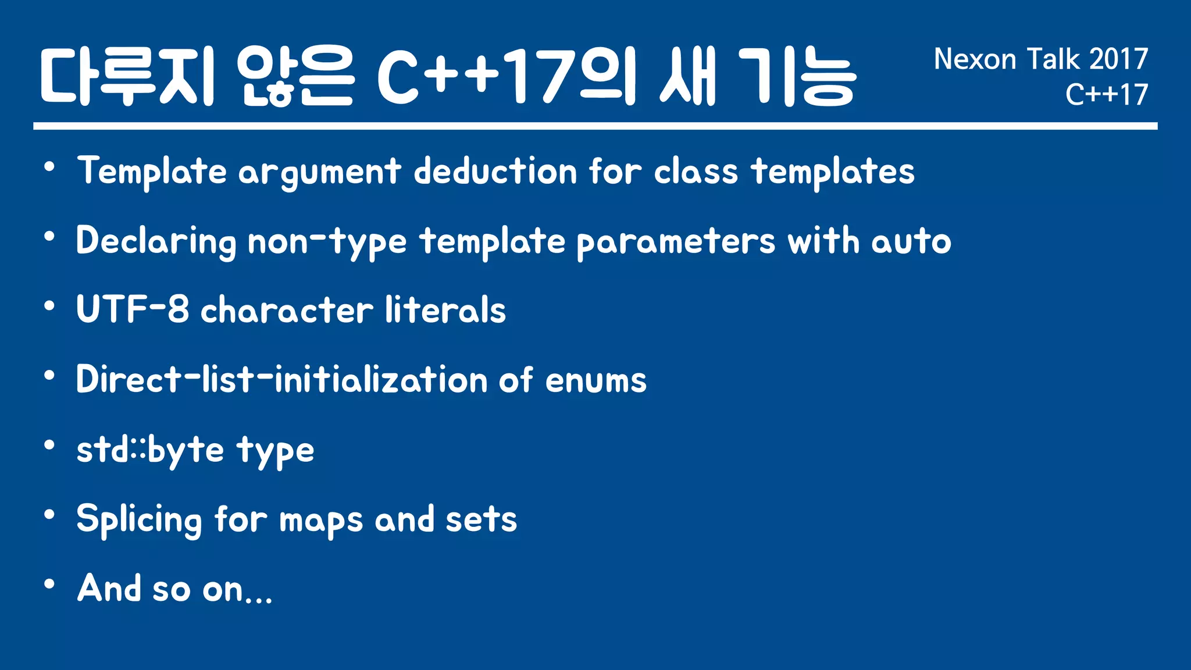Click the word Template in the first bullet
click(x=152, y=171)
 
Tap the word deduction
click(x=495, y=171)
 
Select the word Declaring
click(x=156, y=241)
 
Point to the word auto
click(x=911, y=241)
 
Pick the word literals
click(x=445, y=309)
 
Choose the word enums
click(x=595, y=380)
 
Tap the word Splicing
click(x=138, y=519)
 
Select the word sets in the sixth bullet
click(x=481, y=519)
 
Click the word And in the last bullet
click(x=109, y=588)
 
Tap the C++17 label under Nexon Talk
click(x=1106, y=94)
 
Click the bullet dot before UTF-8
click(x=49, y=305)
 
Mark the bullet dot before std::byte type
click(x=49, y=446)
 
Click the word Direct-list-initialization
click(x=281, y=380)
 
